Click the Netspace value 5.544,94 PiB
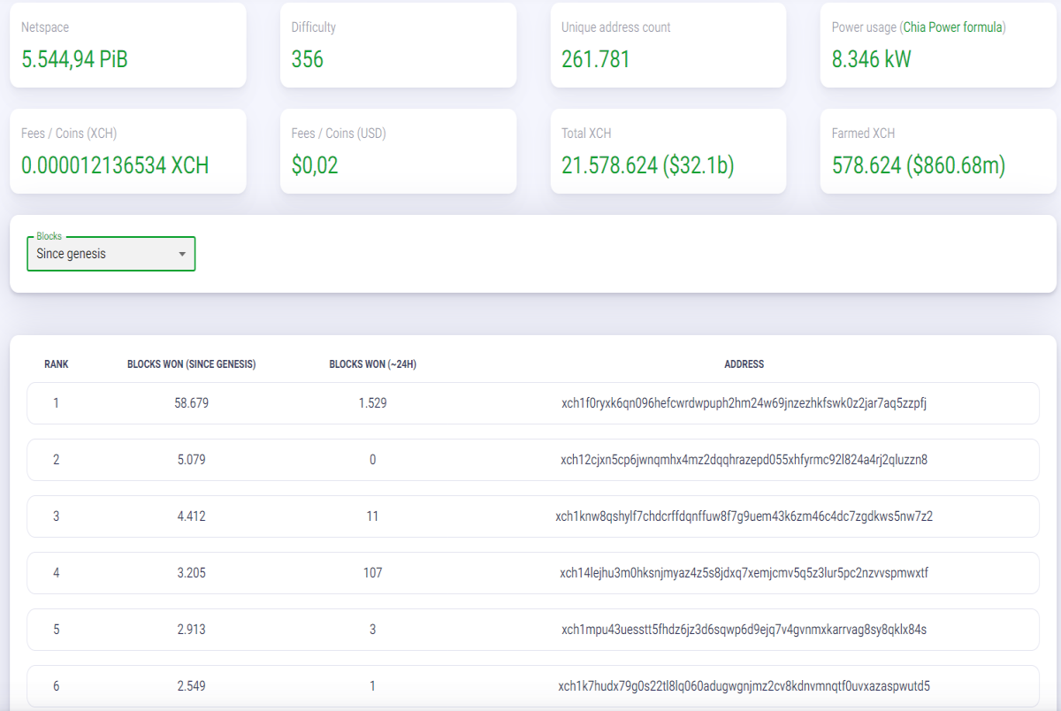74,59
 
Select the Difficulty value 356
308,59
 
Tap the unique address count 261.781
595,59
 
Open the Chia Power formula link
953,27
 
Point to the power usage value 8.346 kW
871,59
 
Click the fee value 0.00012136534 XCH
115,165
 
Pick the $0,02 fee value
315,165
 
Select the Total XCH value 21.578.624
609,165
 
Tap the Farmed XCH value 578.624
866,165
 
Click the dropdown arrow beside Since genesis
182,255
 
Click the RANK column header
57,364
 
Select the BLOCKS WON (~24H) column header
373,364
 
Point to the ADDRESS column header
744,364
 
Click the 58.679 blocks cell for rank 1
191,403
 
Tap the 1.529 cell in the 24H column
373,403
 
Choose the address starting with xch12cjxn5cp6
744,460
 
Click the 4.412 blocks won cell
191,516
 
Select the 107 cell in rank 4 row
373,573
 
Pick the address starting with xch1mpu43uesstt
744,630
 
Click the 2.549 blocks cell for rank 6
191,686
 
